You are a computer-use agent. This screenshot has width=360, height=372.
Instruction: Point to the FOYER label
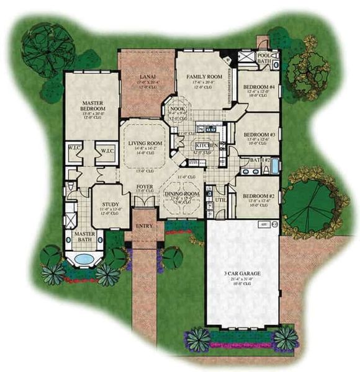click(x=143, y=185)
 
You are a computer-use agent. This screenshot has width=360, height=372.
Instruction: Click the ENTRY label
click(x=144, y=226)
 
